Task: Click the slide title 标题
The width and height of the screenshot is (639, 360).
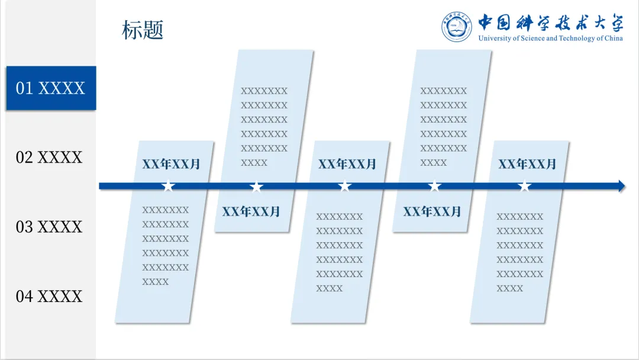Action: pos(143,30)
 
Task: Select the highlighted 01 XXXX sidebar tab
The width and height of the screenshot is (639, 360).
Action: pos(50,88)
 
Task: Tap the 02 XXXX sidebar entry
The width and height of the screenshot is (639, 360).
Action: pos(49,157)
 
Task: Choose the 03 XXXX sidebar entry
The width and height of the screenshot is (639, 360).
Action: pos(49,227)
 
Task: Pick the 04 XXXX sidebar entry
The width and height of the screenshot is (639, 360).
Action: pos(49,296)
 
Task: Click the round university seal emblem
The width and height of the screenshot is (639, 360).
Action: pos(457,27)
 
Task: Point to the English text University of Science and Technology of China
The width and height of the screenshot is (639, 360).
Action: pos(550,38)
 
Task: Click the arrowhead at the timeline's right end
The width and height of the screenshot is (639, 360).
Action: pos(621,186)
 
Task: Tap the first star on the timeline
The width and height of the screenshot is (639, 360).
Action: pos(169,187)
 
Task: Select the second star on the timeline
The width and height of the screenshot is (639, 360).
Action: pos(256,187)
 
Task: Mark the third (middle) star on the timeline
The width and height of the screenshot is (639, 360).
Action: pos(344,187)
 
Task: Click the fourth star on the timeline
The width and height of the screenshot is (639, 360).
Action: pos(435,187)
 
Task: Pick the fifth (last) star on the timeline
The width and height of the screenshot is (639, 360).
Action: pos(524,187)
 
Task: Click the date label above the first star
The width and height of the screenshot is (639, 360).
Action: pos(171,164)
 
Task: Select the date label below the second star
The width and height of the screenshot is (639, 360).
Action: pos(251,211)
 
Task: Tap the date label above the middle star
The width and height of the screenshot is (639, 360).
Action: pos(347,164)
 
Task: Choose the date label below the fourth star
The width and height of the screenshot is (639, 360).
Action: pos(432,211)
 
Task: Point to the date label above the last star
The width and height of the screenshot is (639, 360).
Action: pos(527,164)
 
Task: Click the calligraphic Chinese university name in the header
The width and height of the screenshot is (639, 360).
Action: pos(551,22)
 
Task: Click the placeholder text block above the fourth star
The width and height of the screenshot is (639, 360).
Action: pos(444,126)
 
